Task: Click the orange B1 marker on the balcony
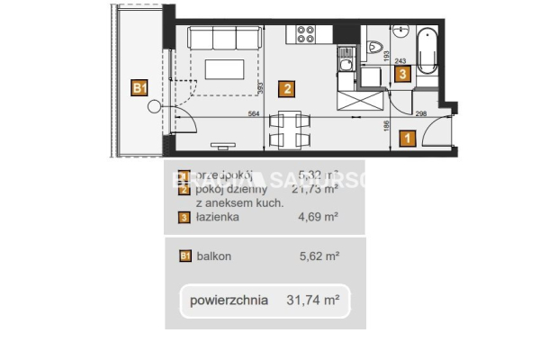coord(139,87)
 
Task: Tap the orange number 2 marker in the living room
coord(284,88)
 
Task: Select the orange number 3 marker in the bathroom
coord(402,74)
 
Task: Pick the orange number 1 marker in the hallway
coord(408,138)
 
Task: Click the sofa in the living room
coord(223,40)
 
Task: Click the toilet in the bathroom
coord(377,48)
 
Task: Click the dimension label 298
coord(419,112)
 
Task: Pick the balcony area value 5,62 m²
coord(318,256)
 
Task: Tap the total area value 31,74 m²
coord(315,301)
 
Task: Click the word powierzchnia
coord(229,301)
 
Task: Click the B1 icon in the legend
coord(184,256)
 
